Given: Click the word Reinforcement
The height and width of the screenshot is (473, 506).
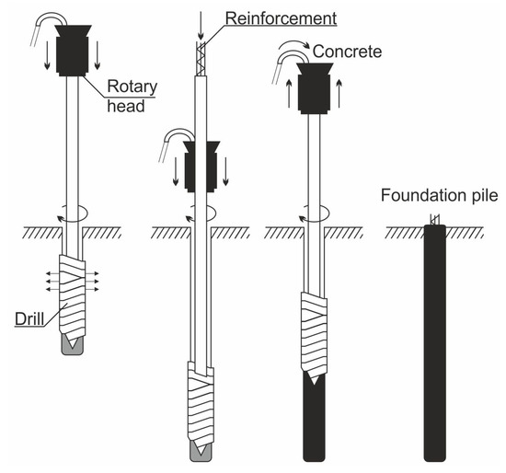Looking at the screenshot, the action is click(282, 18).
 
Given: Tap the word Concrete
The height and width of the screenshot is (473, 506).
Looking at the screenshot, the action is click(347, 52).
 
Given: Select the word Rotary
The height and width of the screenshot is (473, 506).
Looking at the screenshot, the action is click(132, 87).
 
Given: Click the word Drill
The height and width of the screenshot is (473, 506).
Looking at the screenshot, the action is click(29, 318).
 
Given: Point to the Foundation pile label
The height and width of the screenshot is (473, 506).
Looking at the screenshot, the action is click(440, 195).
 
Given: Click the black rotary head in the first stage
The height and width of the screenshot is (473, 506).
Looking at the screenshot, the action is click(73, 51).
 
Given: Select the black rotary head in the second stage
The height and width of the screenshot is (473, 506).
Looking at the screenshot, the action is click(201, 167).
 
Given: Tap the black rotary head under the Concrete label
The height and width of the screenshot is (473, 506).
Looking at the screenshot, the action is click(315, 88).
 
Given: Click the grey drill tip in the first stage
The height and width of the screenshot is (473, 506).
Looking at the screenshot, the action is click(73, 345).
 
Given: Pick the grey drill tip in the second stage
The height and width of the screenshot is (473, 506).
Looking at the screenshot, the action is click(201, 451).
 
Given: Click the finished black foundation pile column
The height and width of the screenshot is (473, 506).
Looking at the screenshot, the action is click(434, 343).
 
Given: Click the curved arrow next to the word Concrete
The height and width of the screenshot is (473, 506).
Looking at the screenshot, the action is click(294, 45).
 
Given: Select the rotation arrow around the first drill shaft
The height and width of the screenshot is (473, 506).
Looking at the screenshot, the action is click(73, 213).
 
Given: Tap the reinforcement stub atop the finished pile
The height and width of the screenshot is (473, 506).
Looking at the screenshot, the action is click(434, 219).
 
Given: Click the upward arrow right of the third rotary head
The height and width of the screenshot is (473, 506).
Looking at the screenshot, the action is click(339, 93).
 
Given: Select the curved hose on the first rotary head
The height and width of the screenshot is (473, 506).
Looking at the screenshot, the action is click(49, 28).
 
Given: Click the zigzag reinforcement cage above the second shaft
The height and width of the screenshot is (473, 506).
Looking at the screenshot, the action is click(201, 59).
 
